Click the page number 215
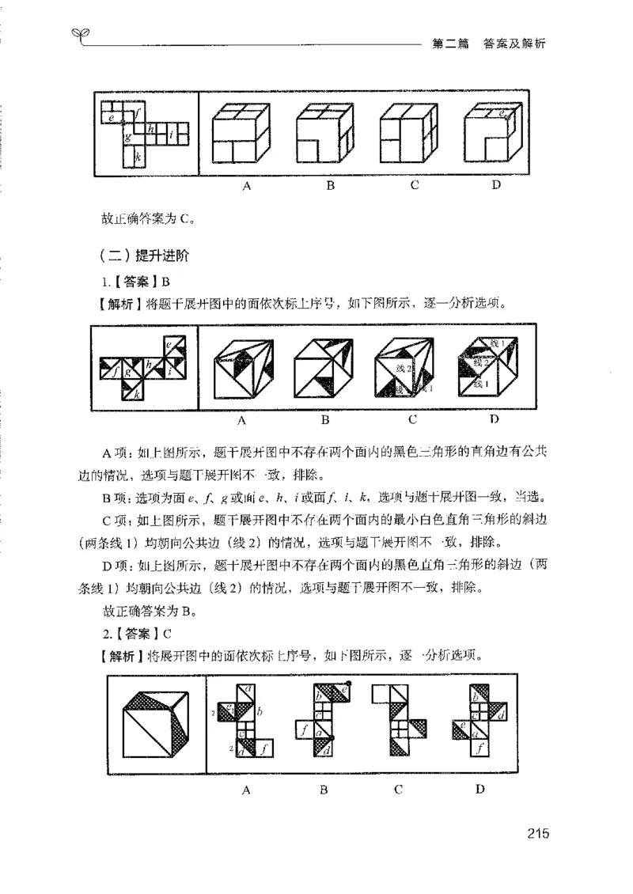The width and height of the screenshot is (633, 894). click(x=536, y=832)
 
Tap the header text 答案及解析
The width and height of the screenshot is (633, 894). click(x=514, y=44)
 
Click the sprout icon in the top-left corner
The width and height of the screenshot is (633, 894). click(x=79, y=32)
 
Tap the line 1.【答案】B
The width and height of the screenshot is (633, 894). click(x=136, y=282)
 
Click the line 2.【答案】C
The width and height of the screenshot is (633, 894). click(x=137, y=633)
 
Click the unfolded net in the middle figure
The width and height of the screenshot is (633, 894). click(x=144, y=366)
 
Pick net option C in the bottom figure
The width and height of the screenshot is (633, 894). click(x=400, y=722)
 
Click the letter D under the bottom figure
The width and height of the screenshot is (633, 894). click(x=479, y=789)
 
